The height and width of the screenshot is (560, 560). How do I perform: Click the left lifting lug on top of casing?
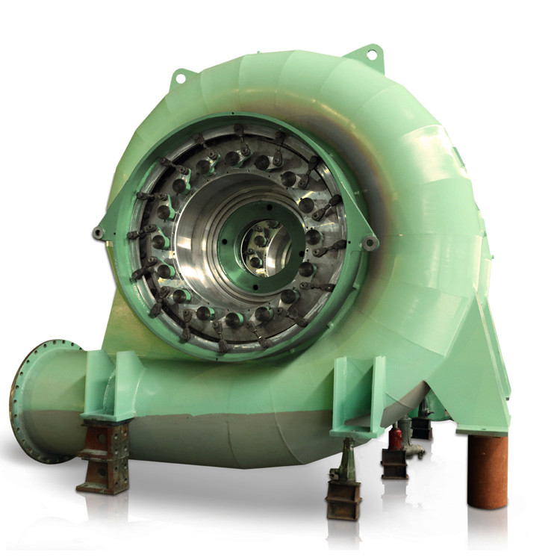tap(181, 77)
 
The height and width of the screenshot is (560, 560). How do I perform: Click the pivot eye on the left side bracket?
tap(98, 234)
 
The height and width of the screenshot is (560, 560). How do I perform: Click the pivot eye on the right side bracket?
tap(369, 243)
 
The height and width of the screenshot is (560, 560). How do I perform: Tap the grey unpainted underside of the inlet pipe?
tap(187, 437)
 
